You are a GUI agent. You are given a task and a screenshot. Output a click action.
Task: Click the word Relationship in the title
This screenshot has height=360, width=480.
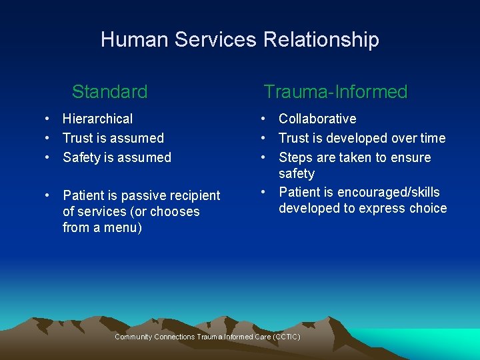click(x=321, y=40)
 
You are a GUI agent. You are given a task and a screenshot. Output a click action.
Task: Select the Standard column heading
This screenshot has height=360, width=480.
click(x=109, y=91)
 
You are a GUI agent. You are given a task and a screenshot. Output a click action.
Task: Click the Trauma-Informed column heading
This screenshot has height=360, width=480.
click(x=335, y=91)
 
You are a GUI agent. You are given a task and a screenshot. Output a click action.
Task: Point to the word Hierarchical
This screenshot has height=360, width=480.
click(x=97, y=119)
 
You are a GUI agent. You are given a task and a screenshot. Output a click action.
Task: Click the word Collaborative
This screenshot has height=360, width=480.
click(x=317, y=119)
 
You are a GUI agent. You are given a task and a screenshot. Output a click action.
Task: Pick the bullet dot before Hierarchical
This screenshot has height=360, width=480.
click(x=49, y=119)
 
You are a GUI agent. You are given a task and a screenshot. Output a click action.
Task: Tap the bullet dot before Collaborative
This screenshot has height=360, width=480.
click(x=265, y=119)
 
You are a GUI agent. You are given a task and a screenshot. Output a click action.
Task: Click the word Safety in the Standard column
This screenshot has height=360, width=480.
click(x=81, y=157)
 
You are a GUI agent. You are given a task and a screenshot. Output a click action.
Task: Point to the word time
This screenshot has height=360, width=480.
click(x=432, y=138)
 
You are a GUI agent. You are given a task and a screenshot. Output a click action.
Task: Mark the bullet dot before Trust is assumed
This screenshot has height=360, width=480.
click(x=49, y=138)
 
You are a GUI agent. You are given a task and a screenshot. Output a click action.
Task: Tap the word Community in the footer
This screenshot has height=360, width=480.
click(x=133, y=337)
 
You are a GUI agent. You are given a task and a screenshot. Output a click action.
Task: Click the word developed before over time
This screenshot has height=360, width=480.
click(x=359, y=138)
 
